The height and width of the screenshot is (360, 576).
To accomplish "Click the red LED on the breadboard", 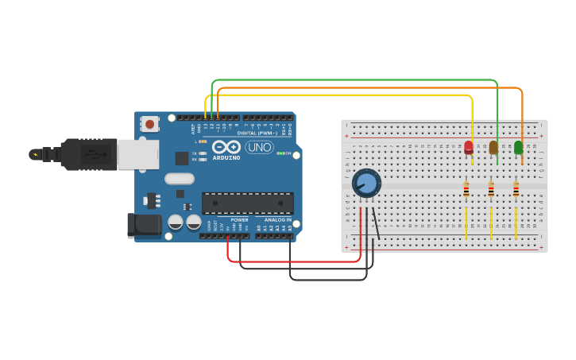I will pos(469,146).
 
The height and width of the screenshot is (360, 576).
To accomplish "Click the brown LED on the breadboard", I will pos(493,146).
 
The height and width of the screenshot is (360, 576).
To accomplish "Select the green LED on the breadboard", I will pos(519,146).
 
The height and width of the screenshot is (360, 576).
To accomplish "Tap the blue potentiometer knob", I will pos(366,183).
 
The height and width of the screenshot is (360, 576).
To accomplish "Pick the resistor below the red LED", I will pos(466,189).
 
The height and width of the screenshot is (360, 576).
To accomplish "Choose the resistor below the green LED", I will pos(516,189).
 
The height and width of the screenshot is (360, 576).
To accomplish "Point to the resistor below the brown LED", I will pos(491,189).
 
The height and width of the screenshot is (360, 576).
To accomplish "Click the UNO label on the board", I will pos(258,147).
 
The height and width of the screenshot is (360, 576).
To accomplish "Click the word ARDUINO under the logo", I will pos(226,157).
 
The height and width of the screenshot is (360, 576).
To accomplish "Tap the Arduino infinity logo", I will pos(226,147).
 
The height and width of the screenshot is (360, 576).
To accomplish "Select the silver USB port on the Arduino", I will pos(137,154).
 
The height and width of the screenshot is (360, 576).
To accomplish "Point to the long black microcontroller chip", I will pos(247,203).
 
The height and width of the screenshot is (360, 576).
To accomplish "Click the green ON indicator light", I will pos(279,153).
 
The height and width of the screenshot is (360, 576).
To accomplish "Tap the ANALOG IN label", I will pos(277,219).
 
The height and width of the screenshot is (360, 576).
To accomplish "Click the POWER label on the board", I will pos(239,219).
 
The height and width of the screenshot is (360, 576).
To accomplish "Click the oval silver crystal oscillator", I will pos(180,179).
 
